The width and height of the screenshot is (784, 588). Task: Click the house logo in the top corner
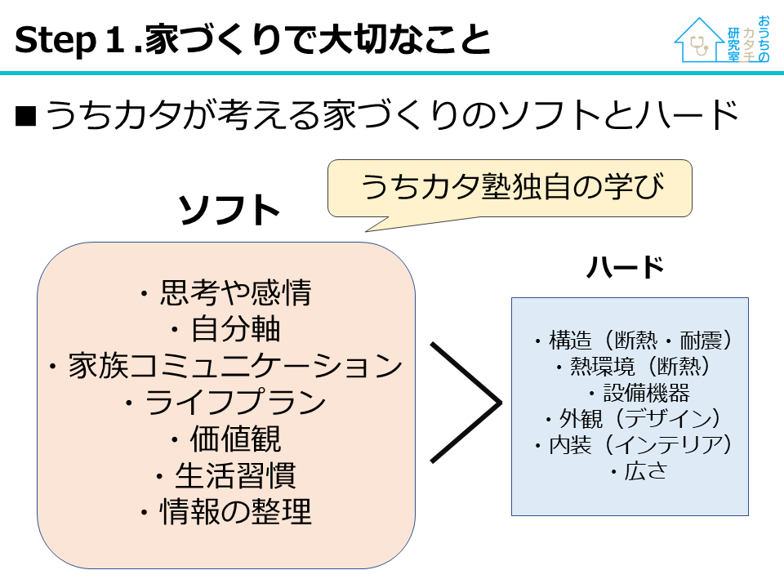pos(722,40)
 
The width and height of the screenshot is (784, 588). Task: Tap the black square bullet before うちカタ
pos(26,118)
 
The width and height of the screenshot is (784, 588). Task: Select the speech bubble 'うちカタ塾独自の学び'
pos(510,188)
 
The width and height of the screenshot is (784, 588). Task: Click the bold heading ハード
pos(626,267)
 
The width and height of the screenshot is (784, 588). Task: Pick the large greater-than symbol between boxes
pos(463,402)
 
